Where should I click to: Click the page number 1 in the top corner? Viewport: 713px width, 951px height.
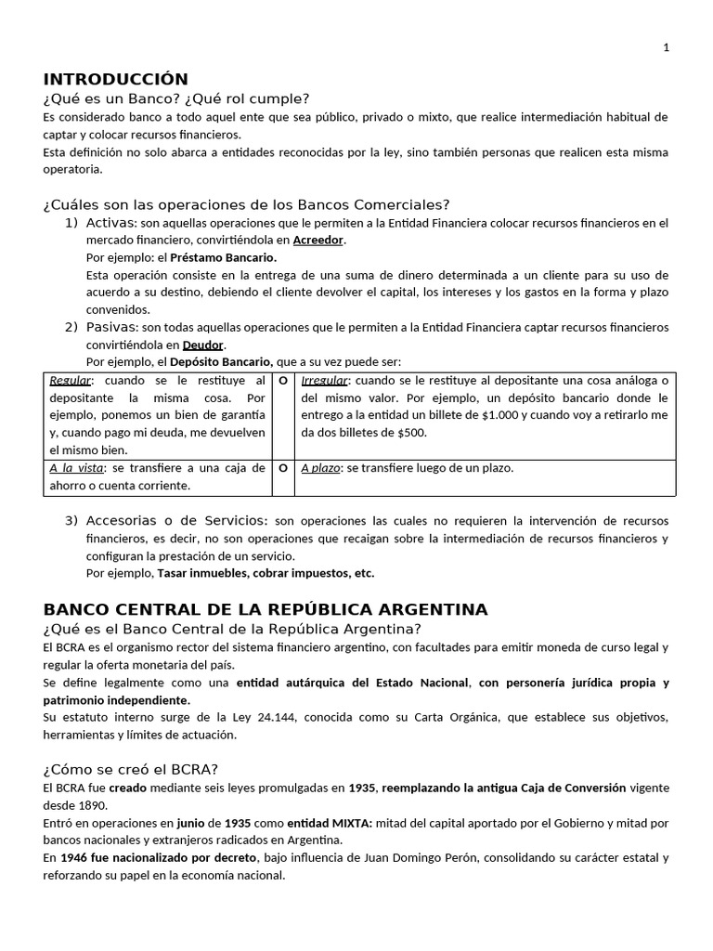tap(666, 49)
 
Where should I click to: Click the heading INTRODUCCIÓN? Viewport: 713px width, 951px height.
tap(116, 79)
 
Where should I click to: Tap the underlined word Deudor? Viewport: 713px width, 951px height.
tap(203, 345)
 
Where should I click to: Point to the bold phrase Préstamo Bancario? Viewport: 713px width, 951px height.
tap(224, 257)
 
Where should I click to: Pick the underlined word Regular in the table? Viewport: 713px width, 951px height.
tap(71, 381)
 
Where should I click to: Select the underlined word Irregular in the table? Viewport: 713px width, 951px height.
tap(325, 381)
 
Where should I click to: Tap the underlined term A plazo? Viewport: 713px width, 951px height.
tap(320, 468)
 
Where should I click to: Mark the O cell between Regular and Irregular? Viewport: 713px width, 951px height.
tap(283, 381)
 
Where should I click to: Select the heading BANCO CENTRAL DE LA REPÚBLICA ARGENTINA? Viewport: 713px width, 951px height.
tap(266, 609)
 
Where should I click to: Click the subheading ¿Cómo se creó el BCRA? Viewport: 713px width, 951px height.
tap(131, 769)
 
